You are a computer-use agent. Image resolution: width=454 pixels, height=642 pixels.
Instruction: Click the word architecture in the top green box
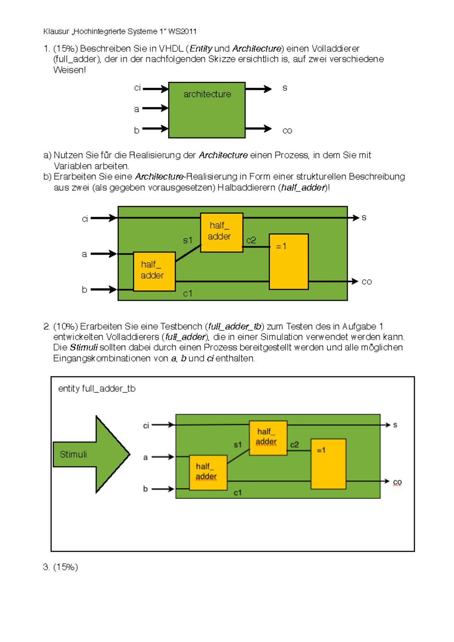click(207, 94)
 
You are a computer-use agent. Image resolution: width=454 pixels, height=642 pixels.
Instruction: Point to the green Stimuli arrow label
click(73, 454)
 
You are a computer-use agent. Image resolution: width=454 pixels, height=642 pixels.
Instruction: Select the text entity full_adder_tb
click(97, 389)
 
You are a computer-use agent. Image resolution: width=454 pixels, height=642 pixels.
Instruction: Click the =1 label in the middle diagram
click(281, 247)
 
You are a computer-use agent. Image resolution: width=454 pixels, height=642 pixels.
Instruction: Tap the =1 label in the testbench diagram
click(321, 450)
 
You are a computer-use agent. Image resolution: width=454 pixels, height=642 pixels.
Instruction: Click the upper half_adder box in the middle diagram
click(221, 232)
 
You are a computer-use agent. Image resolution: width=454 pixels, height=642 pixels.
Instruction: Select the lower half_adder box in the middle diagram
click(154, 271)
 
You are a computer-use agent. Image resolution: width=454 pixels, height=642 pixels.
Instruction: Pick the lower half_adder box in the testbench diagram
click(208, 472)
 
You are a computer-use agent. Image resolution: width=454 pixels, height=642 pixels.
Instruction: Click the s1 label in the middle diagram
click(188, 240)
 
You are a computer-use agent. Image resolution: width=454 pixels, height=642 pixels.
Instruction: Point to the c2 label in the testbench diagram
click(294, 445)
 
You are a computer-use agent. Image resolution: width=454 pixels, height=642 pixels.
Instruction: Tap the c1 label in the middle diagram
click(188, 293)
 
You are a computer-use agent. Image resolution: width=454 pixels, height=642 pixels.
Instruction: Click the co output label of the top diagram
click(287, 131)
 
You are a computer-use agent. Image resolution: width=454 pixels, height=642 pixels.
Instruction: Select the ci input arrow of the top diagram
click(155, 89)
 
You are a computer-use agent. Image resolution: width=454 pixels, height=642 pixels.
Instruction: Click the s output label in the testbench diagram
click(395, 425)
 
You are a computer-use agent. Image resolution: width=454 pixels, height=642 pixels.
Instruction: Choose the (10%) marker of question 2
click(65, 326)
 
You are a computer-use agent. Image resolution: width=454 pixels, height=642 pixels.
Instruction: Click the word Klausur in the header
click(56, 31)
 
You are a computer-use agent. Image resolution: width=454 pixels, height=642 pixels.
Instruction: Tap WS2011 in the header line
click(182, 31)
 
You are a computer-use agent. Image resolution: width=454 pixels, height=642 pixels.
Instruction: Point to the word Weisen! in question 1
click(70, 70)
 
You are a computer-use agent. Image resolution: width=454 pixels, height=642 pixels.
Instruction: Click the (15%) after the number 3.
click(65, 567)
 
